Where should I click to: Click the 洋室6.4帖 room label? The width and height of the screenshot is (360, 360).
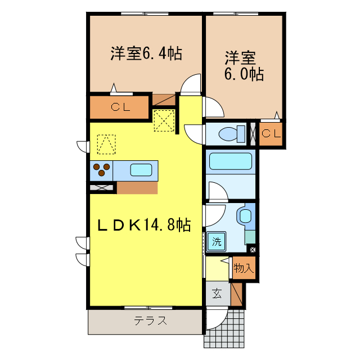coord(145,54)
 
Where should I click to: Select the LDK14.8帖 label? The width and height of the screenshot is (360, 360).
coord(144,225)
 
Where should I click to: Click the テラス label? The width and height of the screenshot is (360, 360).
coord(150,321)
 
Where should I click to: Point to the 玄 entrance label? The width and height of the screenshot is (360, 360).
coord(217,293)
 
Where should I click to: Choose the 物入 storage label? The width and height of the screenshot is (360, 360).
coord(244,268)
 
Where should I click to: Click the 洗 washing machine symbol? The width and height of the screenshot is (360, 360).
coord(217,242)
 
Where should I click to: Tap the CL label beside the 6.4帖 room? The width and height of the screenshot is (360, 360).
coord(120,107)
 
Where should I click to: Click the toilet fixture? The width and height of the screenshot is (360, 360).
coord(232,134)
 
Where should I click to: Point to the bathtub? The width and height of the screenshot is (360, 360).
coord(231,161)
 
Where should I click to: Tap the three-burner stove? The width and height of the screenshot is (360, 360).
coord(102,169)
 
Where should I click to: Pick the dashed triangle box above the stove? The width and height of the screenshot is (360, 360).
coord(106,143)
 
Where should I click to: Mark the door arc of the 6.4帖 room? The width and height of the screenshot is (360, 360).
coord(191,84)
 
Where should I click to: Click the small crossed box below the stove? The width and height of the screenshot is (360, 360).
coord(102,188)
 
